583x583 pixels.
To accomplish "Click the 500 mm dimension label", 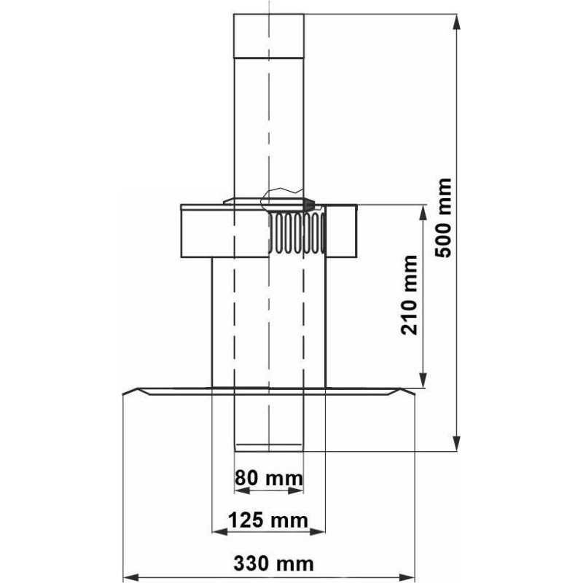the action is point(444,218).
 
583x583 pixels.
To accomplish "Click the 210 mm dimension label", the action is point(410,295).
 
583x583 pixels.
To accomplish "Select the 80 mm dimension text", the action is point(269,478).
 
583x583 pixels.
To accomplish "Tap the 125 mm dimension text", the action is point(268,520).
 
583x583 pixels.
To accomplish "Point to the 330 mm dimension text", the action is point(274,563).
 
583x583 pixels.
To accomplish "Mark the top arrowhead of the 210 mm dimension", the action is point(423,212).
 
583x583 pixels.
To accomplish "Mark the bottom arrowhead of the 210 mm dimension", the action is point(423,380).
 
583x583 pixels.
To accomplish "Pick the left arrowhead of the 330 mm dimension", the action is point(130,577).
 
